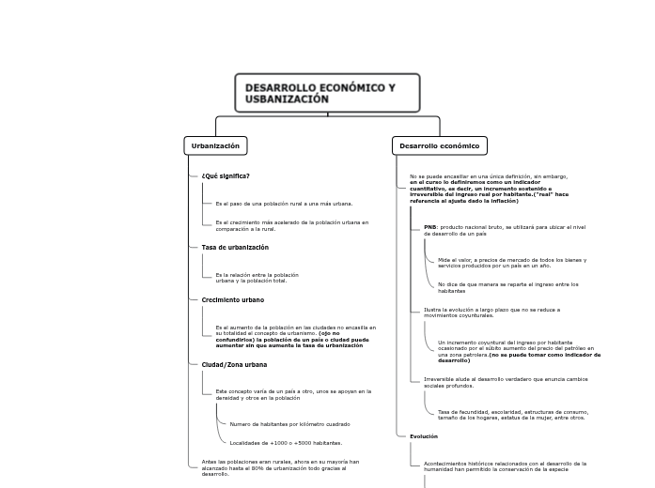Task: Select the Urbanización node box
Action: pos(215,145)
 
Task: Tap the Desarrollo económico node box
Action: pos(440,145)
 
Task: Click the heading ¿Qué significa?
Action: pos(226,175)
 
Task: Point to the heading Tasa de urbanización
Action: pos(235,247)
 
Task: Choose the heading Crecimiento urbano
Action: pos(233,299)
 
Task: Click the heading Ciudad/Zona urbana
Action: pos(234,364)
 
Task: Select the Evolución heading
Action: pos(424,436)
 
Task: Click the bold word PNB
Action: pos(429,227)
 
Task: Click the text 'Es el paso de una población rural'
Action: pos(284,203)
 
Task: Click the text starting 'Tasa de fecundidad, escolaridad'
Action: pos(511,414)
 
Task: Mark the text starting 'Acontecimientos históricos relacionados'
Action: pos(505,465)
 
